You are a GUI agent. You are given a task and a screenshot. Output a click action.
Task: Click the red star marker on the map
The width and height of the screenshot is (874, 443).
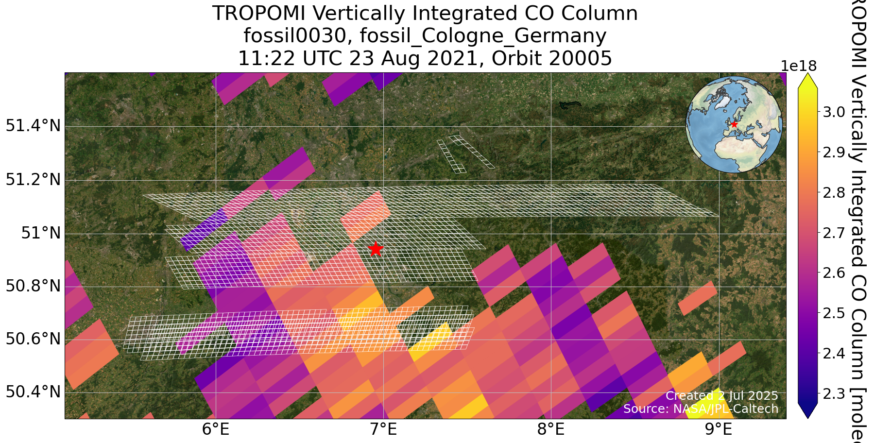point(376,249)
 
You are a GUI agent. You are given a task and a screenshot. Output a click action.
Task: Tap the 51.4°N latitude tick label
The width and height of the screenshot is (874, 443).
point(33,126)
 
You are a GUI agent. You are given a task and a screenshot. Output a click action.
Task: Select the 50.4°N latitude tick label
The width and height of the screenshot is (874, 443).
point(33,392)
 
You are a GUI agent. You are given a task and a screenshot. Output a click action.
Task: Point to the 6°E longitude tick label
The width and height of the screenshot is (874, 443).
point(215,430)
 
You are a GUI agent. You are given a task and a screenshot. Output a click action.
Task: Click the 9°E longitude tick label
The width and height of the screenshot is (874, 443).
point(719,430)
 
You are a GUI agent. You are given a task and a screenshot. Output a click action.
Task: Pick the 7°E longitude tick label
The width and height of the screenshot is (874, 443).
point(383,430)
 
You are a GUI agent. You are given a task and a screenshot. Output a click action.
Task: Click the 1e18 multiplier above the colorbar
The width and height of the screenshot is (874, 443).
point(799,66)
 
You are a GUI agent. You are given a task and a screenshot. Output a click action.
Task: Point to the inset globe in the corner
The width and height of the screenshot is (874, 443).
point(734,124)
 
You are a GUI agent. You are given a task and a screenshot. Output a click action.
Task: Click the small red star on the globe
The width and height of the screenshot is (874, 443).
point(734,124)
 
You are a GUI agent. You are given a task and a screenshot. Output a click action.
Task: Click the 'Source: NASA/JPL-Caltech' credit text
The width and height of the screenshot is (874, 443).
point(701,409)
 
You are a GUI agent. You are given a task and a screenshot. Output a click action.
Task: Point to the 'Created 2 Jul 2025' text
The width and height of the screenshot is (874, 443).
point(721,396)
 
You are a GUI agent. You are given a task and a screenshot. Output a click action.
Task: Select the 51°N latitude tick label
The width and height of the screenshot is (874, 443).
point(41,234)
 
